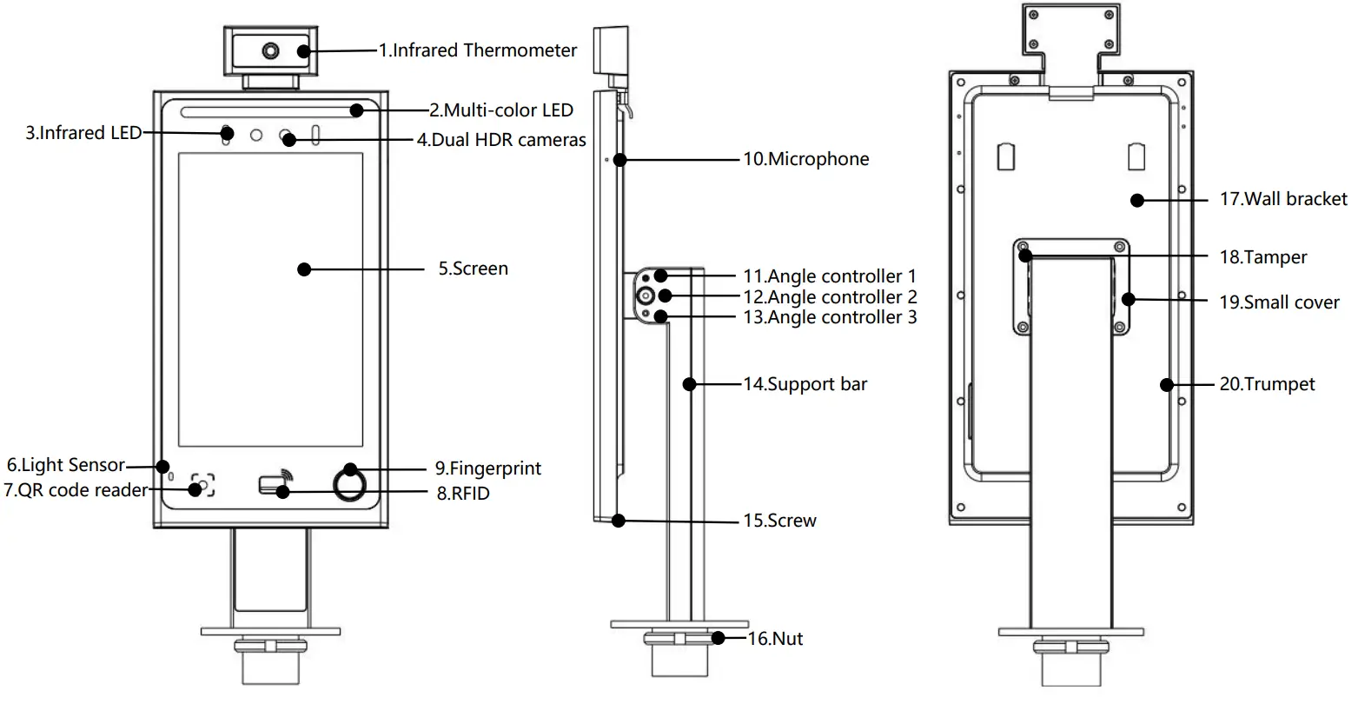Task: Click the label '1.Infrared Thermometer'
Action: (477, 50)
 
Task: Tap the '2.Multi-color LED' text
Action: (501, 110)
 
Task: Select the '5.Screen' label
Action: (473, 269)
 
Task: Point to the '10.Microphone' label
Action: (805, 159)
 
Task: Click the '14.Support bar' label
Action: (805, 383)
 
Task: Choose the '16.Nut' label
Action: (775, 640)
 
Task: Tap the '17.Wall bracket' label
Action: (1283, 199)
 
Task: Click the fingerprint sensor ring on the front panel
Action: (349, 485)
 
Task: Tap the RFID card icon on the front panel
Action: (275, 485)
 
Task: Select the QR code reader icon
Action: (202, 486)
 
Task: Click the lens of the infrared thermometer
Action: (271, 50)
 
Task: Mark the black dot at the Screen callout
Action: (304, 269)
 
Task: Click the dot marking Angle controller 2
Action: (665, 296)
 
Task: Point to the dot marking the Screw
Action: (618, 521)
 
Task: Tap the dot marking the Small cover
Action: (1129, 300)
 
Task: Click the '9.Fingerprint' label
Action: (488, 468)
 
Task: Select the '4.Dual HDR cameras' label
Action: (501, 140)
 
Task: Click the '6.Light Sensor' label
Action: (65, 466)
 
